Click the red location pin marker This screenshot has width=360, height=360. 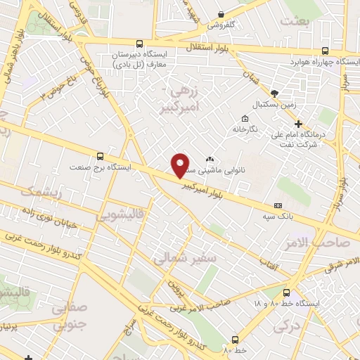[181, 165]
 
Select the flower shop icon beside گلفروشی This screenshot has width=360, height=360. [221, 14]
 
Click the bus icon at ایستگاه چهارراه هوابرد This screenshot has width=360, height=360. [325, 51]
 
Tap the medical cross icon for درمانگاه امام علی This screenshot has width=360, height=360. [299, 123]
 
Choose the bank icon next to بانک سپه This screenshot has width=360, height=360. [278, 205]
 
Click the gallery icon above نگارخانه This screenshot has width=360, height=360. [245, 118]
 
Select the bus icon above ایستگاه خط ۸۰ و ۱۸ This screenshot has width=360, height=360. [286, 292]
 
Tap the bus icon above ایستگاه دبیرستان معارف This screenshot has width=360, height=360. [139, 44]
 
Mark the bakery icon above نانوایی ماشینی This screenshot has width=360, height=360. [210, 159]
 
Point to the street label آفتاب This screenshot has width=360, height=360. [268, 265]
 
